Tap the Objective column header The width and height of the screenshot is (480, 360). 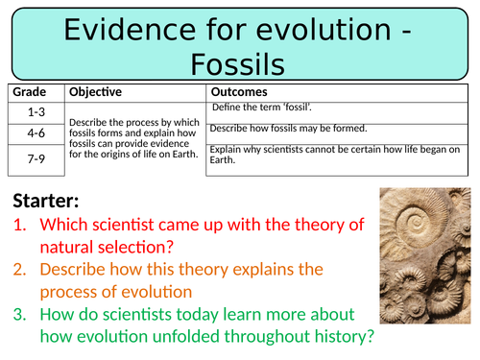click(95, 92)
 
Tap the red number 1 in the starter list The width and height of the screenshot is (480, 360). click(20, 225)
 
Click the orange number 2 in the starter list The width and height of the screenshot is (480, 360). click(20, 270)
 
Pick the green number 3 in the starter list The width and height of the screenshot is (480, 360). click(20, 314)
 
